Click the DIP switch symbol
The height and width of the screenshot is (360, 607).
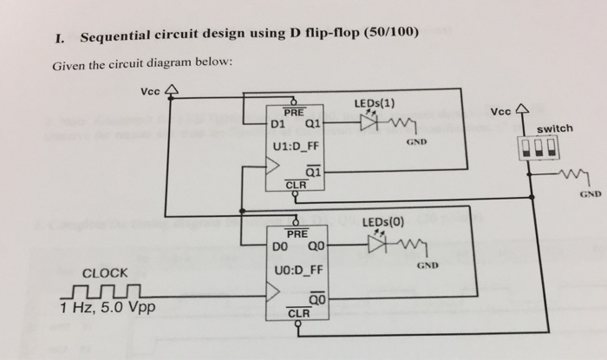531,147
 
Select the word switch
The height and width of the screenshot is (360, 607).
555,128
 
